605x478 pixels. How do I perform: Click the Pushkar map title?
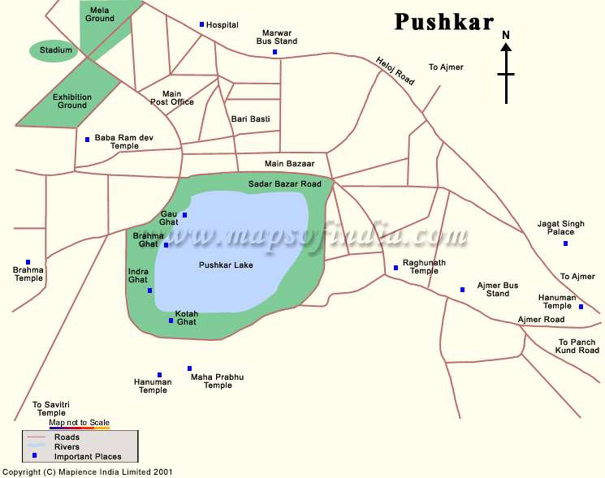coord(443,22)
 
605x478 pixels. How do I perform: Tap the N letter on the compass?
coord(506,35)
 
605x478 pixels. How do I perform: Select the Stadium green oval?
coord(56,51)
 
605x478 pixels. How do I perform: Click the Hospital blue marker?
coord(202,24)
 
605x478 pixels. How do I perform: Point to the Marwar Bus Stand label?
coord(276,37)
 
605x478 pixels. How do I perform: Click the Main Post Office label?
coord(172,98)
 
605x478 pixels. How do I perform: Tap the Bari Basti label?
coord(250,119)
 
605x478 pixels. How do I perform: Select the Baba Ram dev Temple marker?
coord(87,139)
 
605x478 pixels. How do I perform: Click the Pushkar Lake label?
coord(226,265)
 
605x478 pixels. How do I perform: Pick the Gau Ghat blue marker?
coord(185,215)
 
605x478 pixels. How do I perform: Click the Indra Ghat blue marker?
coord(149,291)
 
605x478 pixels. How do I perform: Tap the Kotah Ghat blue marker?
coord(171,321)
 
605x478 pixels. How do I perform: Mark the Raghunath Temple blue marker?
coord(395,267)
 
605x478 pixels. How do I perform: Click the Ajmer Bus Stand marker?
coord(462,290)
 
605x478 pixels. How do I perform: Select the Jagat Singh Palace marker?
coord(566,243)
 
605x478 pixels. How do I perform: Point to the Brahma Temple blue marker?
coord(28,262)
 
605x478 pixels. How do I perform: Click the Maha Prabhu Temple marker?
coord(190,368)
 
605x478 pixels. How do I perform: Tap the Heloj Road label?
coord(395,71)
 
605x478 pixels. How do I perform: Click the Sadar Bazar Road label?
coord(284,184)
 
